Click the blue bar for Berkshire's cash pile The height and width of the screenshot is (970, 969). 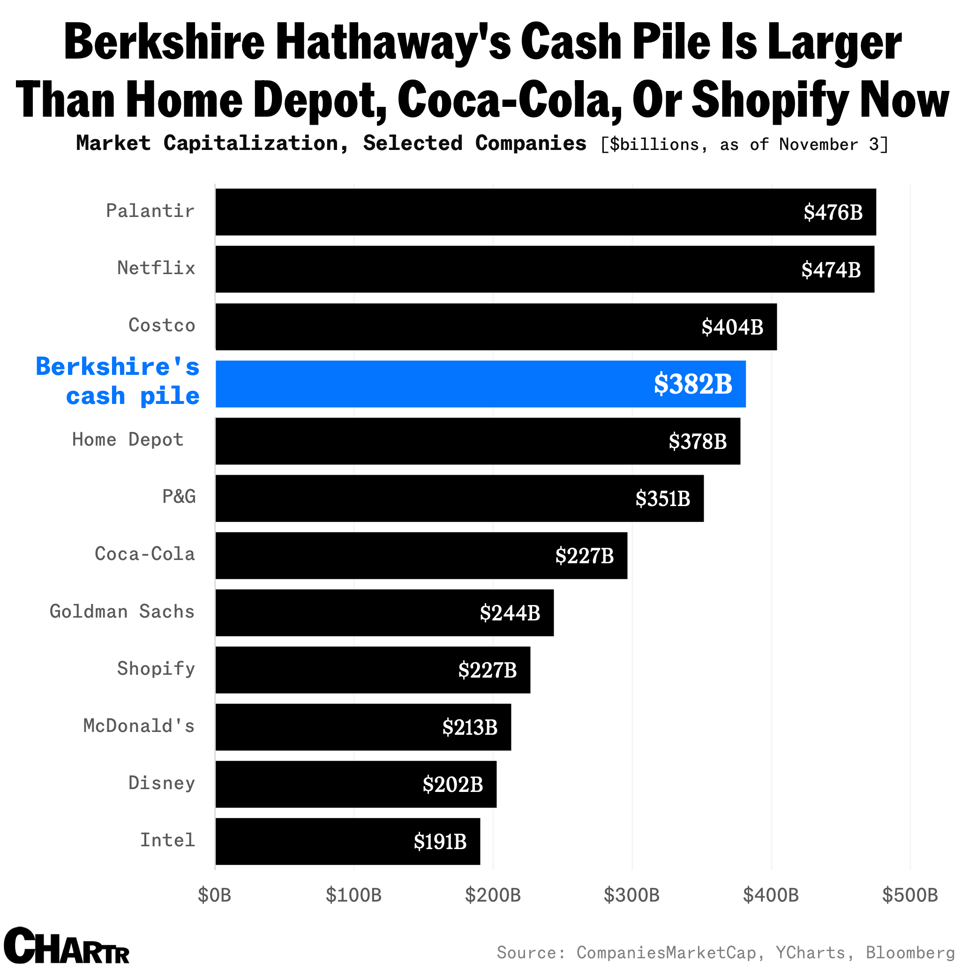[x=480, y=384]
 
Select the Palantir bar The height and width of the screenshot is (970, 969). [x=545, y=212]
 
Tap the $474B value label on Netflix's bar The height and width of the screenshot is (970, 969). [x=830, y=269]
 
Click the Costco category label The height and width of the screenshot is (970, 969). [x=162, y=325]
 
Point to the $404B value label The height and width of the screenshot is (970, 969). [x=732, y=327]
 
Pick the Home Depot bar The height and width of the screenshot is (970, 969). [x=477, y=441]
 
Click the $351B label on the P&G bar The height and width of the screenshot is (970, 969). [x=662, y=499]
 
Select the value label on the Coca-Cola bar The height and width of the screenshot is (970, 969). [x=584, y=556]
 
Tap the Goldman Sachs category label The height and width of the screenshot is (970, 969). [x=122, y=612]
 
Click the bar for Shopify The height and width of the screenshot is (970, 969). [x=373, y=670]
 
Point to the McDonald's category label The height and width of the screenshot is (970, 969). [x=139, y=726]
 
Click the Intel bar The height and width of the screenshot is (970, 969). [x=348, y=842]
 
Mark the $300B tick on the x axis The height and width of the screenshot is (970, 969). [x=631, y=895]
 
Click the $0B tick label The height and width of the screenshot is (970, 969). [x=215, y=895]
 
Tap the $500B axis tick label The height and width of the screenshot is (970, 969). [x=910, y=895]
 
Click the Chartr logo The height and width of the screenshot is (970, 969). [x=67, y=946]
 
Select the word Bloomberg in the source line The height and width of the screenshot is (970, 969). [x=910, y=952]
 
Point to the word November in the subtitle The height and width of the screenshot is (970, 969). [x=819, y=145]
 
